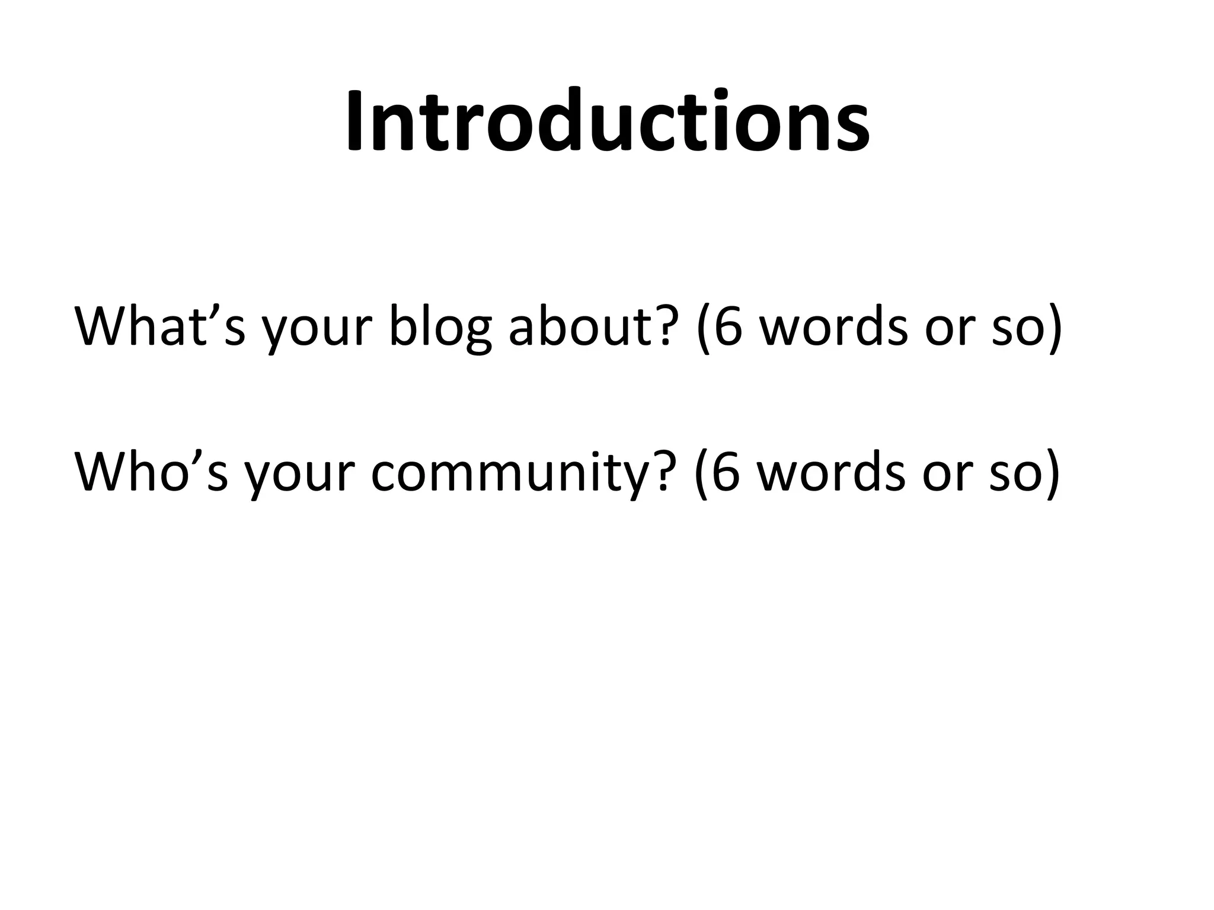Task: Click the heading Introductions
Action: point(607,121)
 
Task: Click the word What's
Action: point(159,327)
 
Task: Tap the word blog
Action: point(440,327)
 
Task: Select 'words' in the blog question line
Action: point(833,327)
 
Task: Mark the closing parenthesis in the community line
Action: point(1052,475)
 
